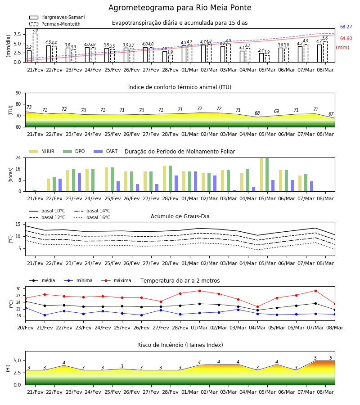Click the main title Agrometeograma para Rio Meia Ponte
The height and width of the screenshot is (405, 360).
(x=180, y=8)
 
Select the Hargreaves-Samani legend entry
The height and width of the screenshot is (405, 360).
(x=57, y=17)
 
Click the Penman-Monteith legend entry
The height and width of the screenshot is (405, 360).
(x=55, y=24)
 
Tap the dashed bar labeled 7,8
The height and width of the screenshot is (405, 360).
(x=35, y=48)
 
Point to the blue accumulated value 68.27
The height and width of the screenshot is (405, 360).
(x=346, y=27)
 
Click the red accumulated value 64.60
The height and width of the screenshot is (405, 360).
(x=346, y=38)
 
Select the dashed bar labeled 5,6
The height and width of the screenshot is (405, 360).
(x=325, y=52)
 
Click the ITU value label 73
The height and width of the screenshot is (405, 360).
(x=29, y=107)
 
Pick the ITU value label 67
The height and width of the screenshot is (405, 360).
(x=331, y=114)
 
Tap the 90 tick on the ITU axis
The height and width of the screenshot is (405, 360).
(x=18, y=93)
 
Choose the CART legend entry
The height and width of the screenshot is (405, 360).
(x=106, y=151)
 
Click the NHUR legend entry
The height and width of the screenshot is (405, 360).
(x=42, y=151)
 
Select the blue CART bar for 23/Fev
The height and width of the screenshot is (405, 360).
(x=80, y=182)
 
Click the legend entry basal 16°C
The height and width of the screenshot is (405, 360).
(x=92, y=217)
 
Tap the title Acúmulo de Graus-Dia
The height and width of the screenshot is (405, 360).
(x=180, y=216)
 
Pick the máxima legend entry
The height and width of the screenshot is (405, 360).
(x=116, y=280)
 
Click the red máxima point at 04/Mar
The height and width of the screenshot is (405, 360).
(x=257, y=306)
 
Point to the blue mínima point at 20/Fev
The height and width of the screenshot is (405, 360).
(x=25, y=308)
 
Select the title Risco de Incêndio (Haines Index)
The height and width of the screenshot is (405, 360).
(x=180, y=345)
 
